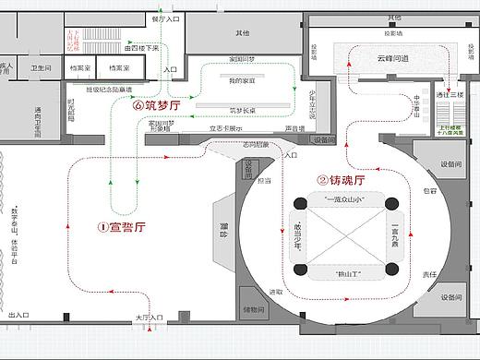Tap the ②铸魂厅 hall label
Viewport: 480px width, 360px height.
tap(342, 180)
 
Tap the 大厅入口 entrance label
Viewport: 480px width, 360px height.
tap(149, 318)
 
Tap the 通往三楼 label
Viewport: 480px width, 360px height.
tap(454, 95)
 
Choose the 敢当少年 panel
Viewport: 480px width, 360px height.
tap(296, 238)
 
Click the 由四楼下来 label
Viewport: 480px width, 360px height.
tap(141, 47)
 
